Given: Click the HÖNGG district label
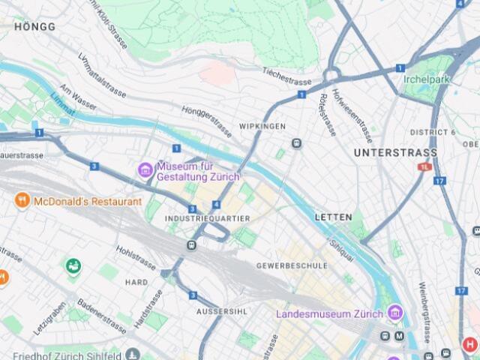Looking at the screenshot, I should click(x=34, y=26).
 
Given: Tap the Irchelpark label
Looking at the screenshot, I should click(x=427, y=79).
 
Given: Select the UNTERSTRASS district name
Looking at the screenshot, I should click(x=394, y=152).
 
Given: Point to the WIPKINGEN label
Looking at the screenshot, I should click(x=262, y=126).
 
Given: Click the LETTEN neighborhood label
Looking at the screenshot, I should click(x=333, y=217).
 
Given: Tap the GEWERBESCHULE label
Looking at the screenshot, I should click(x=292, y=265).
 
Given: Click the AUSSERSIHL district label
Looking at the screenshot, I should click(x=218, y=310).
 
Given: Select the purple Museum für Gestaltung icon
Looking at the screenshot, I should click(x=145, y=170).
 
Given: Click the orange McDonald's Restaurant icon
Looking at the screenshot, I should click(x=22, y=201).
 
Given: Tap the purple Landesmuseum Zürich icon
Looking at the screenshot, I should click(x=394, y=312).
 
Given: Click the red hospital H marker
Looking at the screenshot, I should click(x=470, y=344).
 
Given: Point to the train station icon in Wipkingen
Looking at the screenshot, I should click(x=297, y=143).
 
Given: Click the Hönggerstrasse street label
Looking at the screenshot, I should click(x=207, y=120).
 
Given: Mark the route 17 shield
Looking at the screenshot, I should click(x=439, y=181).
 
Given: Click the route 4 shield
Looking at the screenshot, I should click(x=217, y=205).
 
